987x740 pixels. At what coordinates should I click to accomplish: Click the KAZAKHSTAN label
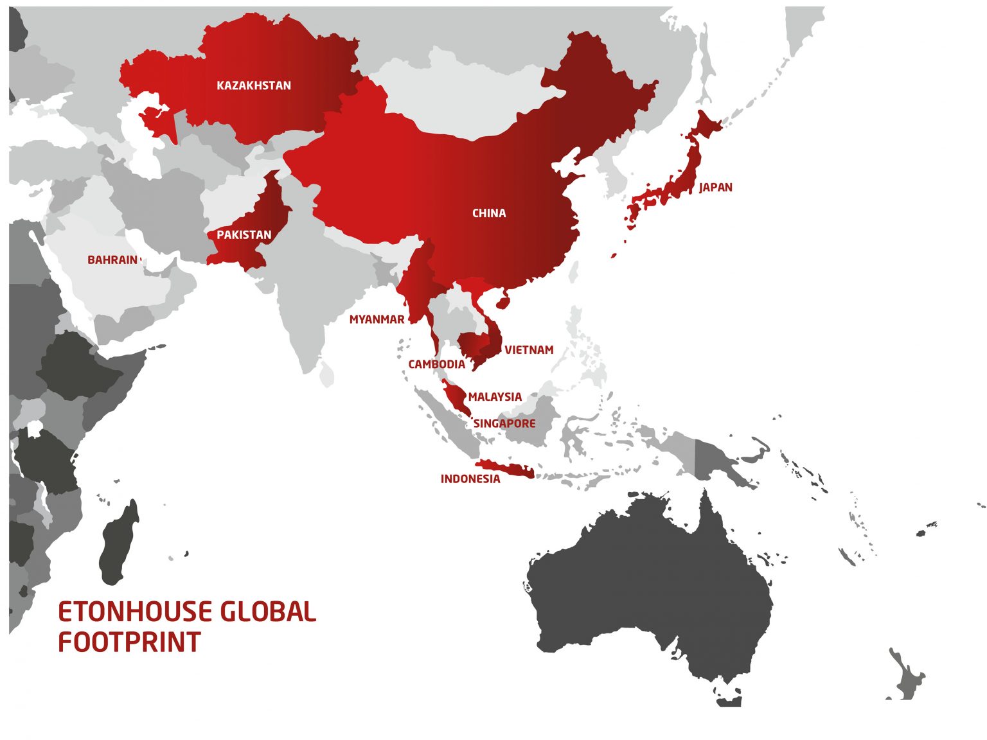pyautogui.click(x=254, y=85)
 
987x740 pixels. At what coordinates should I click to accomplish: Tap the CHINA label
pyautogui.click(x=489, y=213)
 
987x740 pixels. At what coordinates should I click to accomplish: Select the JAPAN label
pyautogui.click(x=716, y=188)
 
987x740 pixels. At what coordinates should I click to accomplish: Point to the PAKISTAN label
pyautogui.click(x=244, y=235)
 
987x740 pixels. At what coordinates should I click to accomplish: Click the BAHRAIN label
pyautogui.click(x=112, y=260)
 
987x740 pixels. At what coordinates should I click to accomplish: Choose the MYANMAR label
pyautogui.click(x=377, y=319)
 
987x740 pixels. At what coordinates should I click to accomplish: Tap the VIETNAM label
pyautogui.click(x=529, y=350)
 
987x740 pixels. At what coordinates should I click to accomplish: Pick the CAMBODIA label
pyautogui.click(x=437, y=364)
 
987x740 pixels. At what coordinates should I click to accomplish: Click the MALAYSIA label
pyautogui.click(x=495, y=397)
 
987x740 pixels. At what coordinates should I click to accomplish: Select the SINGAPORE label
pyautogui.click(x=504, y=424)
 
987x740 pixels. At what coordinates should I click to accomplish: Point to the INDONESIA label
pyautogui.click(x=470, y=479)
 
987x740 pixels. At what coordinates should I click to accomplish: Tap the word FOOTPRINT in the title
pyautogui.click(x=130, y=642)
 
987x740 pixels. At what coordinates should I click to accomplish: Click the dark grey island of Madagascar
pyautogui.click(x=120, y=543)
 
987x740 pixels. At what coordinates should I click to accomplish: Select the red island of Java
pyautogui.click(x=505, y=470)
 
